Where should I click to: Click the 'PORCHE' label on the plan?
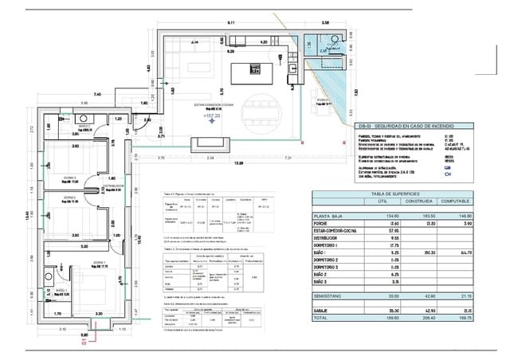click(x=322, y=100)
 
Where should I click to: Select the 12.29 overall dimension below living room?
click(x=237, y=163)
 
